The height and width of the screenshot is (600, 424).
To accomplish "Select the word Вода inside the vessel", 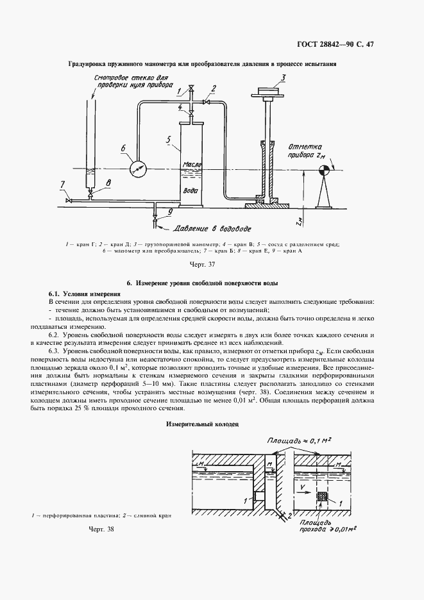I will (x=191, y=190).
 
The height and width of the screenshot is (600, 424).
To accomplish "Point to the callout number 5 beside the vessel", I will (x=167, y=139).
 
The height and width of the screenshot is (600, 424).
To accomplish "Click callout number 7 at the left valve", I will (x=63, y=185).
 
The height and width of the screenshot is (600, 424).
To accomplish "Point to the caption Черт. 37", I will (x=201, y=264).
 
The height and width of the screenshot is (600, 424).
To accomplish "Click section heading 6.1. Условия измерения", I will (x=84, y=294).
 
